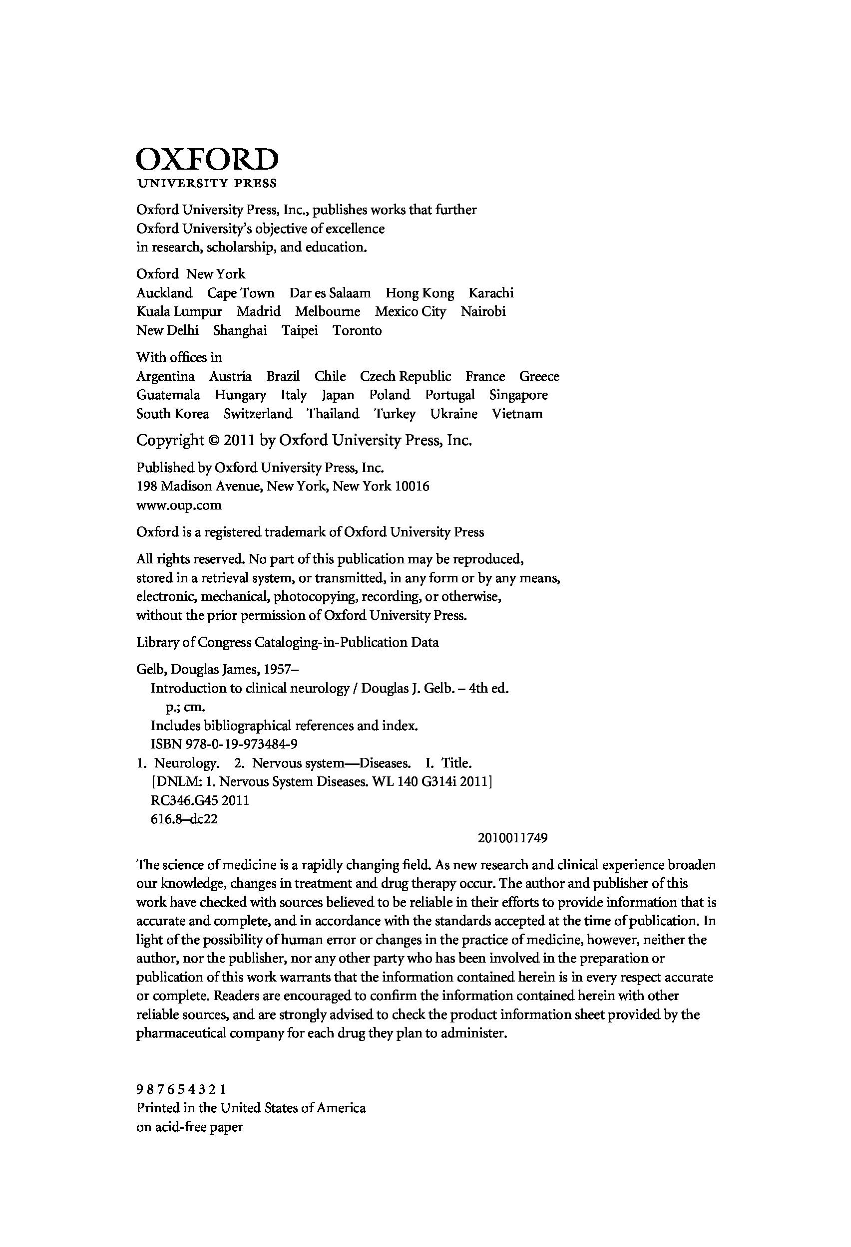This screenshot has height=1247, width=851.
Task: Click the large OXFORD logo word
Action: point(207,159)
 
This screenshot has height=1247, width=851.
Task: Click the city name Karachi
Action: point(491,293)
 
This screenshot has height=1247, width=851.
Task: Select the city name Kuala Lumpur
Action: point(179,312)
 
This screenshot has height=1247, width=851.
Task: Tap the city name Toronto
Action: point(357,330)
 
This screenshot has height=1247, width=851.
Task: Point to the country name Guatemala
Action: point(168,395)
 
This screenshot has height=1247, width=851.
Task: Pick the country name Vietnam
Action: point(517,414)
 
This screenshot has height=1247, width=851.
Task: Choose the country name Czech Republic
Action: point(406,376)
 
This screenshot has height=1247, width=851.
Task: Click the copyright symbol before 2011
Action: point(213,441)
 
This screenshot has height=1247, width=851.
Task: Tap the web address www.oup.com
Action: point(179,505)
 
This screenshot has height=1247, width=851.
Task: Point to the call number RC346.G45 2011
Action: point(200,800)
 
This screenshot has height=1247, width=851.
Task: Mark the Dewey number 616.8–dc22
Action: point(184,819)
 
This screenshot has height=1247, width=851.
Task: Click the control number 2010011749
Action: point(512,838)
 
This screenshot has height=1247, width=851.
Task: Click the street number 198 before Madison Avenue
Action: point(146,487)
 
